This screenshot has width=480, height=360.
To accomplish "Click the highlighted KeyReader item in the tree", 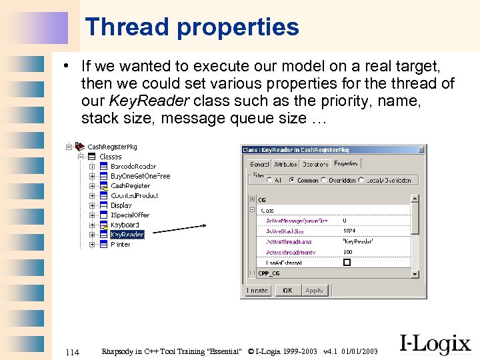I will coord(127,235).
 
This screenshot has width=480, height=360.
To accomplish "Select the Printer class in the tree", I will coord(121,245).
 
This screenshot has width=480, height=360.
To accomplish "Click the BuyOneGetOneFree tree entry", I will coord(140,176).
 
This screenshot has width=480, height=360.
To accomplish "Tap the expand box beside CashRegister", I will coord(92,186).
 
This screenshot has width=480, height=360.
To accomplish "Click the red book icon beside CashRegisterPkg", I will coord(78,146).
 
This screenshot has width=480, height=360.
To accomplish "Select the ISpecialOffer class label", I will coord(130,215).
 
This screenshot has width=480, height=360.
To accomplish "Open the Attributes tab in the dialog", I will coord(285,164).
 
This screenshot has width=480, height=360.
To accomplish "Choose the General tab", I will coord(259,164).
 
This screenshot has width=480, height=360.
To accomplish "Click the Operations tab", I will coord(315,164).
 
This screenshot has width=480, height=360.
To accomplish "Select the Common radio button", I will coord(292,180).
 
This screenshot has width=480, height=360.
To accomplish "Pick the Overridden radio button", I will coord(324,180).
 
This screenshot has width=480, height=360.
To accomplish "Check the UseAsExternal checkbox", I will coord(347,263).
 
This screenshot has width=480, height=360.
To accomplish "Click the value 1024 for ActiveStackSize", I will coord(349,231).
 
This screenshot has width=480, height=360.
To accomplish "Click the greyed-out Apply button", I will coord(314,291).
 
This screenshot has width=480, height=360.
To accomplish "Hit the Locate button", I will coord(257,291).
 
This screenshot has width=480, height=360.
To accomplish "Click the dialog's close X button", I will coord(421,149).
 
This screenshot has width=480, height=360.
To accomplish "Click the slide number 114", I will coord(73,351).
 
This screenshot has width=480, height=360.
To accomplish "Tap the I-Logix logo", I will coord(435,343).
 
